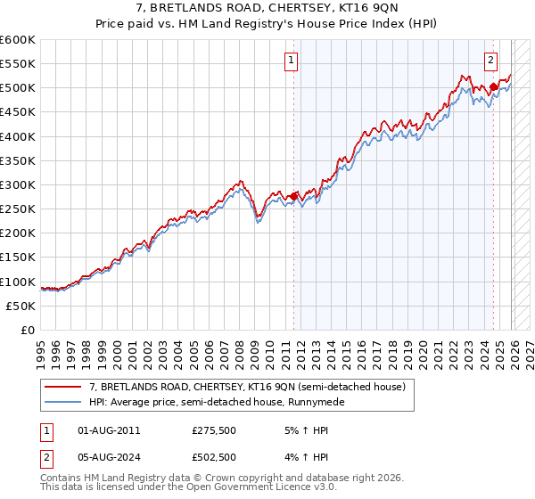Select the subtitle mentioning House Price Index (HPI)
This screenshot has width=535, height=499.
point(267,25)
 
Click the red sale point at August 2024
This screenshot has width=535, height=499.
point(492,87)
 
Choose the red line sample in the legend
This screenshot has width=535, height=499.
point(64,388)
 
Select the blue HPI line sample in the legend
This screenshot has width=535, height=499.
point(64,402)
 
